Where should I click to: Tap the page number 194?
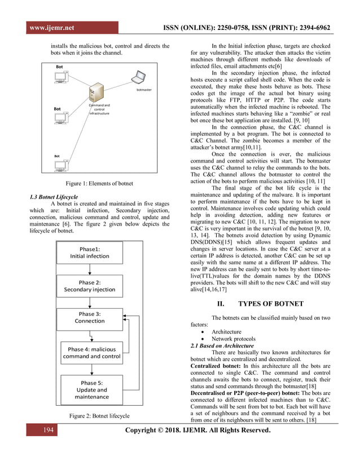click(49, 432)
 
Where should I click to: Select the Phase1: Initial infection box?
click(89, 252)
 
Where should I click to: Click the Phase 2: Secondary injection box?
click(89, 286)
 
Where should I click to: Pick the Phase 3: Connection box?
click(89, 318)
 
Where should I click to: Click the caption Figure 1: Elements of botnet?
click(100, 183)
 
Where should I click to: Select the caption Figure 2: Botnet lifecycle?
click(99, 416)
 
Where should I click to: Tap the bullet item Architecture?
click(226, 332)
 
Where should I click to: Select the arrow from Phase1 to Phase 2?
click(89, 270)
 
